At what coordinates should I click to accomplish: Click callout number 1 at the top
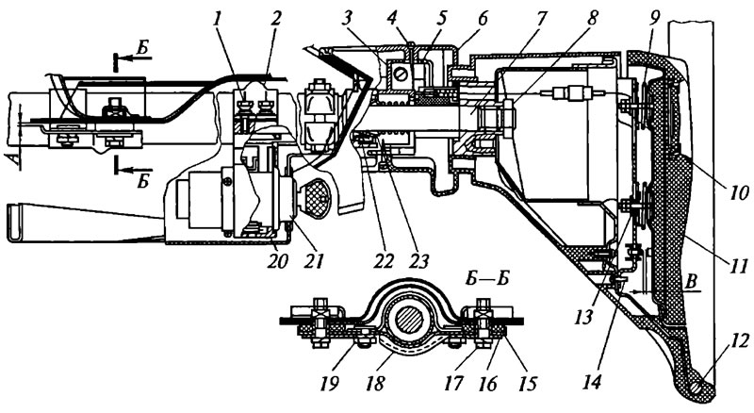(x=220, y=20)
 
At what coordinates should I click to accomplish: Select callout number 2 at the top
(x=275, y=20)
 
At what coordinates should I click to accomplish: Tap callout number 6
(x=482, y=18)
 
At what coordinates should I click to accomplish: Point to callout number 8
(x=592, y=18)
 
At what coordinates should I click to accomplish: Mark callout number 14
(x=593, y=382)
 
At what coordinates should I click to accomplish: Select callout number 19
(x=332, y=384)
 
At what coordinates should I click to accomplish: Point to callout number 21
(x=312, y=261)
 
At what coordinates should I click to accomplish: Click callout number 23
(x=418, y=261)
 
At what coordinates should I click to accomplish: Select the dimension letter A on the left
(x=18, y=159)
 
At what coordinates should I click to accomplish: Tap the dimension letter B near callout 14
(x=692, y=283)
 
